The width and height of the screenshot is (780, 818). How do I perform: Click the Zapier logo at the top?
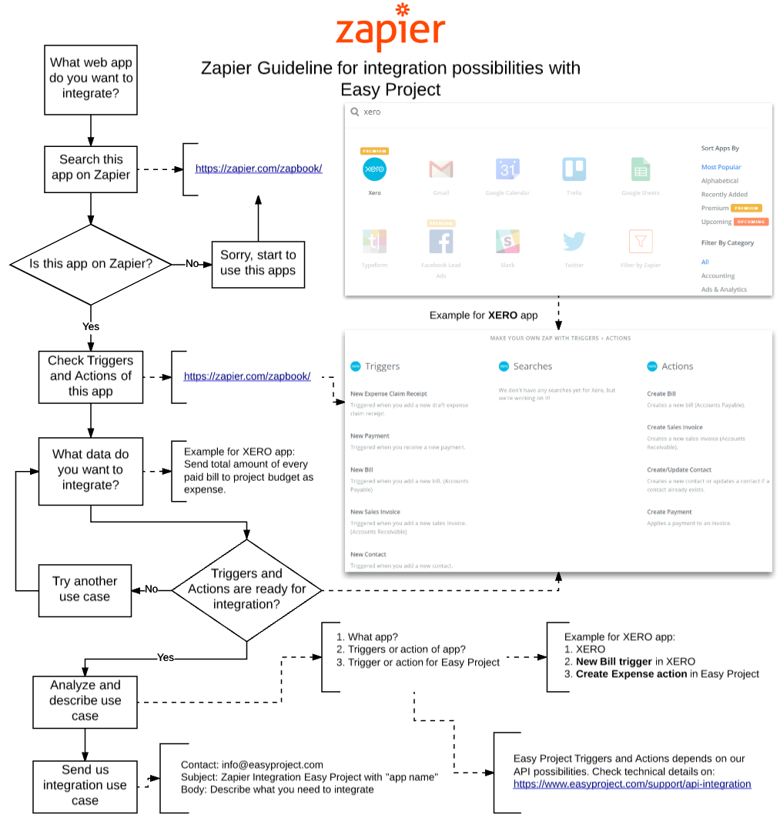pyautogui.click(x=390, y=29)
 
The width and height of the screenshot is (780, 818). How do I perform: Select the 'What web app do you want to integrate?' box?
pyautogui.click(x=91, y=78)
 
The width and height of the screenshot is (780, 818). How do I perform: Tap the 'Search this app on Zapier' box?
pyautogui.click(x=91, y=168)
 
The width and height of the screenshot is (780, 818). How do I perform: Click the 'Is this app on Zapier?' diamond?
pyautogui.click(x=91, y=264)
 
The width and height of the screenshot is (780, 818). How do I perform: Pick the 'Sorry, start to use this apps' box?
pyautogui.click(x=258, y=263)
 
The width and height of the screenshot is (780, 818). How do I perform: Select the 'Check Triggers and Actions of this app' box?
pyautogui.click(x=91, y=376)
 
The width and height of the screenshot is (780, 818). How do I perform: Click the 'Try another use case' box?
pyautogui.click(x=85, y=589)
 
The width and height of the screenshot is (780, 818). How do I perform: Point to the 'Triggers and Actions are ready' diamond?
pyautogui.click(x=247, y=589)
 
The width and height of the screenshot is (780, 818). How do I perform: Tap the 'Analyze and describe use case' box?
pyautogui.click(x=85, y=700)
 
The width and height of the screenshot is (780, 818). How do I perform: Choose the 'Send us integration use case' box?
pyautogui.click(x=85, y=786)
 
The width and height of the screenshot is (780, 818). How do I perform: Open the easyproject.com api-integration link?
pyautogui.click(x=632, y=784)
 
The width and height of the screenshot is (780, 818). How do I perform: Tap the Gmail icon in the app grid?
pyautogui.click(x=440, y=169)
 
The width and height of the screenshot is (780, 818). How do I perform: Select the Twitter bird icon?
pyautogui.click(x=574, y=242)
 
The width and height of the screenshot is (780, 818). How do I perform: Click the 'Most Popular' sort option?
pyautogui.click(x=721, y=167)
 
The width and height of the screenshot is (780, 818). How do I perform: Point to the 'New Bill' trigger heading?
pyautogui.click(x=361, y=469)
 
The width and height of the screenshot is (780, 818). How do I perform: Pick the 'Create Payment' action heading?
pyautogui.click(x=669, y=512)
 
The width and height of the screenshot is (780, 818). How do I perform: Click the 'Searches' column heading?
pyautogui.click(x=532, y=366)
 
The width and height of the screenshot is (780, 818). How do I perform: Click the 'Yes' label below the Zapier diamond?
pyautogui.click(x=91, y=326)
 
